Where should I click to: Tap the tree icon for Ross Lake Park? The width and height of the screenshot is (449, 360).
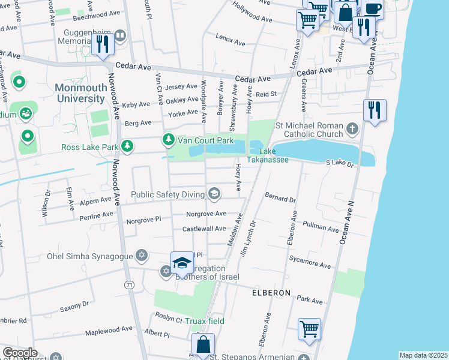pos(127,146)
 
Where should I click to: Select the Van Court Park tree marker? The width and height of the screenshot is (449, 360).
pos(169,140)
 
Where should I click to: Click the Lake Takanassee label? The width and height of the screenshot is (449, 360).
pos(273,155)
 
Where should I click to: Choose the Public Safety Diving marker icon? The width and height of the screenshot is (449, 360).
pos(214,193)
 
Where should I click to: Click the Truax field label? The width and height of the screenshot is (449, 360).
pos(204,321)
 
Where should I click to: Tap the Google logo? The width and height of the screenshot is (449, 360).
pos(19,353)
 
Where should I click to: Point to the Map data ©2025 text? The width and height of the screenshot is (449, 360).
pos(423,355)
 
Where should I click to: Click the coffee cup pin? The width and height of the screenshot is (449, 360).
pos(373,10)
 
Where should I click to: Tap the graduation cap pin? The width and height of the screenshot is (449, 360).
pos(182,263)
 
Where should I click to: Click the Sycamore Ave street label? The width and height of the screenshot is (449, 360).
pos(317,265)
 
